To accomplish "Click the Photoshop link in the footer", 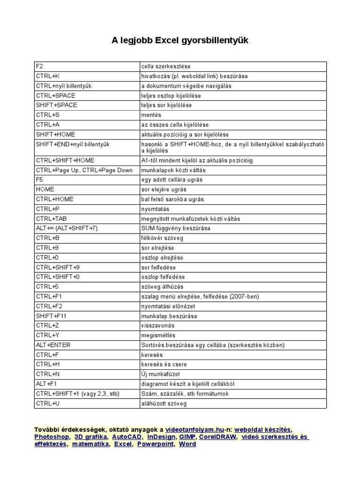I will point(52,437).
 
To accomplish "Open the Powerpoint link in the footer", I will point(155,444).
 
